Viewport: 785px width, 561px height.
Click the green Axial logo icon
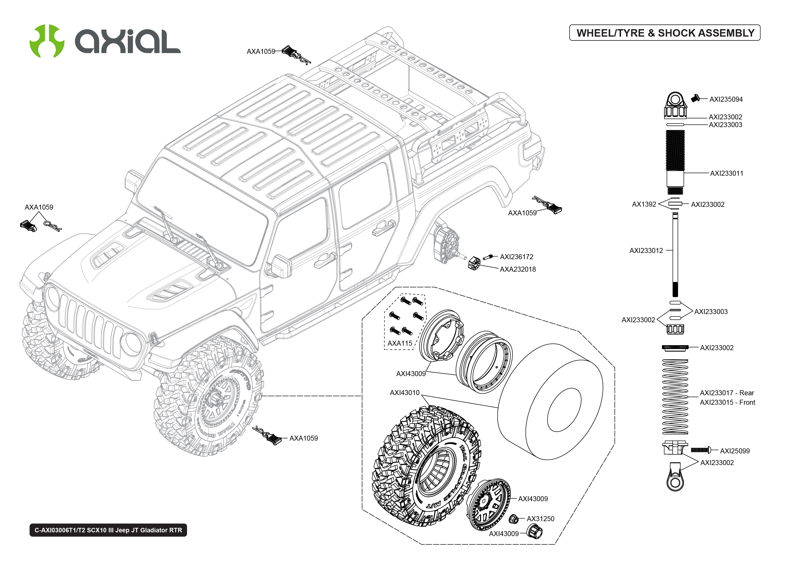pyautogui.click(x=47, y=41)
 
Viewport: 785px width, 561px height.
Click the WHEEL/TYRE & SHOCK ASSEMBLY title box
pyautogui.click(x=664, y=33)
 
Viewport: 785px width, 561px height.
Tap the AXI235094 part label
pyautogui.click(x=726, y=99)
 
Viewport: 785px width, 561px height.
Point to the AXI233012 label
pyautogui.click(x=646, y=251)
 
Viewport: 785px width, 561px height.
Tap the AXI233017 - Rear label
pyautogui.click(x=727, y=393)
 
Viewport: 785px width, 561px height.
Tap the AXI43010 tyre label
pyautogui.click(x=405, y=393)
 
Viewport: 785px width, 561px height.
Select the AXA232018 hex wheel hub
pyautogui.click(x=474, y=264)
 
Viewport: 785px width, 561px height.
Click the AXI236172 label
pyautogui.click(x=516, y=257)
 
